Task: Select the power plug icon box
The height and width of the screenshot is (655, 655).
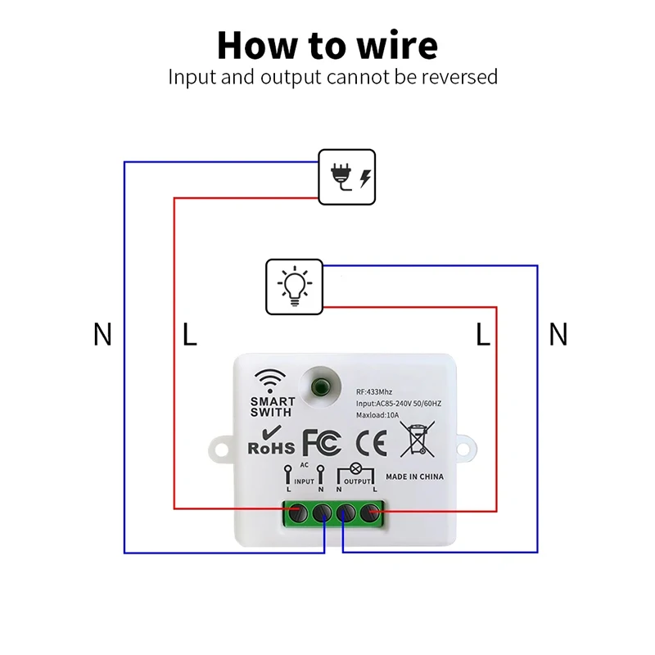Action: click(x=346, y=176)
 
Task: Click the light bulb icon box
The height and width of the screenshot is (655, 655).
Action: click(x=294, y=287)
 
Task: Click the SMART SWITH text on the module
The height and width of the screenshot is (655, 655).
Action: click(x=273, y=407)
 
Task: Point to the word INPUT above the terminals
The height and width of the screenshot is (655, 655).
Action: click(x=304, y=481)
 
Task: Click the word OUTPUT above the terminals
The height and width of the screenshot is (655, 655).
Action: click(x=357, y=481)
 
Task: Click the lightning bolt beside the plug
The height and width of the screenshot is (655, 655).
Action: click(x=364, y=177)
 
